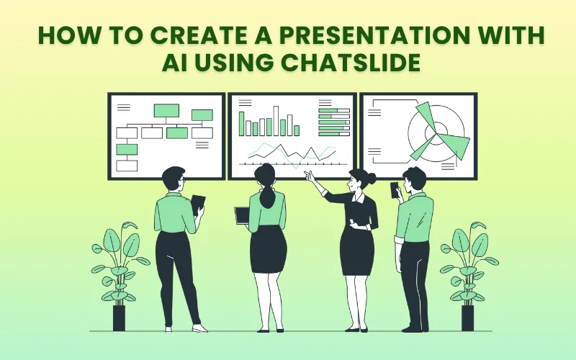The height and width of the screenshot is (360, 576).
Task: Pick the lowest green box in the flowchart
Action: [127, 149]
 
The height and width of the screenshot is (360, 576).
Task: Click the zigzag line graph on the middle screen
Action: [288, 153]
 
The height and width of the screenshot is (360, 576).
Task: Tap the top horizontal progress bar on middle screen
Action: [333, 110]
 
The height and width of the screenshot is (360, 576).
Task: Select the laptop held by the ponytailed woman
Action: [243, 215]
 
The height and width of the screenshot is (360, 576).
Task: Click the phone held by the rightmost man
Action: [394, 189]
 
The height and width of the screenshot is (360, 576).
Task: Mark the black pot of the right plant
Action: [468, 318]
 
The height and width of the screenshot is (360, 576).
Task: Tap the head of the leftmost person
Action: [174, 179]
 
